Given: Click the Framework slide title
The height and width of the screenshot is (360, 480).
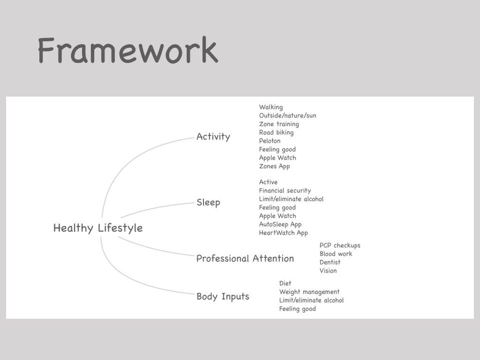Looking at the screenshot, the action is tap(128, 50).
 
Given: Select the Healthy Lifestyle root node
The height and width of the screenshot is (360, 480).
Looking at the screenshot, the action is tap(98, 228).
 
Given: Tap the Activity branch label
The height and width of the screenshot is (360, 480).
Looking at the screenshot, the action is tap(213, 136).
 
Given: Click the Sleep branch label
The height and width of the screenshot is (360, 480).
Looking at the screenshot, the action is tap(208, 202).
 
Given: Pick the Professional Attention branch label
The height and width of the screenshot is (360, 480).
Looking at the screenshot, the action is tap(245, 258).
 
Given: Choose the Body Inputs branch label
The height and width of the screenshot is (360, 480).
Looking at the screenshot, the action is tap(223, 296).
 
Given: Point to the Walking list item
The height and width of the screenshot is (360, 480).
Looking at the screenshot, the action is tap(271, 107).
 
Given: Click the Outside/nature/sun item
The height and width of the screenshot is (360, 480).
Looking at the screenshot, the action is tap(288, 115).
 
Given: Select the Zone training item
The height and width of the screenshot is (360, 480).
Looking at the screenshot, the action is tap(279, 124).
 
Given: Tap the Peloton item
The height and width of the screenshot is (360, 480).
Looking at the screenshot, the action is tap(269, 141).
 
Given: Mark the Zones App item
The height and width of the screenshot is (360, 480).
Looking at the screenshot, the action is tap(274, 166).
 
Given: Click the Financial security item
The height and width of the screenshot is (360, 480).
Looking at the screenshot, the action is tap(285, 190).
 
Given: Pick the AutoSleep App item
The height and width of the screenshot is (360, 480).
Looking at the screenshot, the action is tap(280, 224).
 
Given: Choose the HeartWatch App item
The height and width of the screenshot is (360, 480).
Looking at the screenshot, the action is tap(283, 232).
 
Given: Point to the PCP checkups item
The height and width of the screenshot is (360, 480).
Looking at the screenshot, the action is tap(340, 245).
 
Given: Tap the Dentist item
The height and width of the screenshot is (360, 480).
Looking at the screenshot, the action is tap(330, 262).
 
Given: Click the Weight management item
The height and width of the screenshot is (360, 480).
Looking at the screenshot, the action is tap(309, 291).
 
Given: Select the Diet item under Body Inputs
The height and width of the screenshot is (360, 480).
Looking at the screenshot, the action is tap(285, 283).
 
